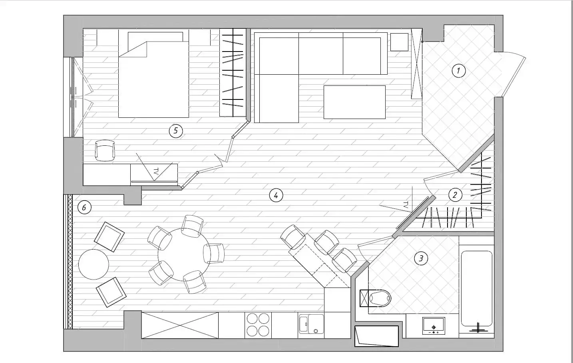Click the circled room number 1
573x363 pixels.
pyautogui.click(x=458, y=71)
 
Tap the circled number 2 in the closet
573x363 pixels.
pyautogui.click(x=455, y=195)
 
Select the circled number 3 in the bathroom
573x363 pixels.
pyautogui.click(x=421, y=258)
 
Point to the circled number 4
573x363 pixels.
pyautogui.click(x=276, y=196)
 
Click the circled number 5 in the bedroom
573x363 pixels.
pyautogui.click(x=176, y=131)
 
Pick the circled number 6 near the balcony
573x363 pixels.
pyautogui.click(x=84, y=207)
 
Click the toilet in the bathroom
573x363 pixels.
pyautogui.click(x=376, y=298)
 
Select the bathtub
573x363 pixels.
pyautogui.click(x=477, y=288)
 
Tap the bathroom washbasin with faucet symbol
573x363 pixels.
pyautogui.click(x=434, y=326)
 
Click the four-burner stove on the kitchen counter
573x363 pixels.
pyautogui.click(x=258, y=325)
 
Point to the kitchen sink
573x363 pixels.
pyautogui.click(x=311, y=324)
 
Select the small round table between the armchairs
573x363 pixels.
pyautogui.click(x=94, y=264)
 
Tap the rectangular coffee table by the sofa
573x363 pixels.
pyautogui.click(x=354, y=102)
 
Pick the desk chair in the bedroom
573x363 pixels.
pyautogui.click(x=105, y=151)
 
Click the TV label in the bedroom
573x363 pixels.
pyautogui.click(x=156, y=171)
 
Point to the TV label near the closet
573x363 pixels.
pyautogui.click(x=406, y=205)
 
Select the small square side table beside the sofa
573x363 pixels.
pyautogui.click(x=399, y=42)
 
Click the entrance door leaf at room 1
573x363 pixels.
pyautogui.click(x=513, y=77)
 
